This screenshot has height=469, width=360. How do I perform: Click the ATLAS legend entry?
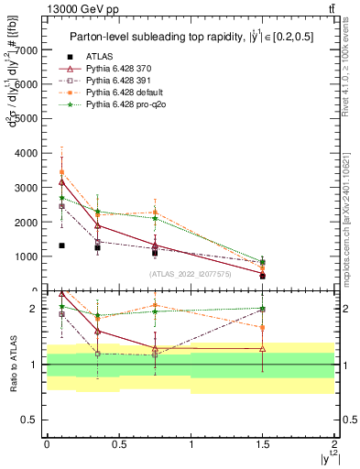pyautogui.click(x=98, y=56)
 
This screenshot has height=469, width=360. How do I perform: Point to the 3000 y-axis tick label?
pyautogui.click(x=27, y=188)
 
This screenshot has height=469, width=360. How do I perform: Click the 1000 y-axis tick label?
pyautogui.click(x=27, y=257)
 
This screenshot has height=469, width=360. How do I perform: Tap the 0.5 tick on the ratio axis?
pyautogui.click(x=31, y=420)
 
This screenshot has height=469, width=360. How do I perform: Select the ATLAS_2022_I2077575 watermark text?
pyautogui.click(x=190, y=273)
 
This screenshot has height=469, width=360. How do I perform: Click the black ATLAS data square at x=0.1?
pyautogui.click(x=61, y=245)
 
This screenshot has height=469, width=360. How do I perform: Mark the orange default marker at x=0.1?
pyautogui.click(x=61, y=172)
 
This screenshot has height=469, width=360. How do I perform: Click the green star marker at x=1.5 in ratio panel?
pyautogui.click(x=263, y=309)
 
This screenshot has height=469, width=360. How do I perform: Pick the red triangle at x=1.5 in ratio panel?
pyautogui.click(x=263, y=348)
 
